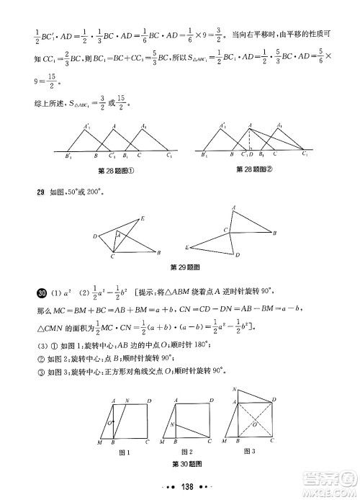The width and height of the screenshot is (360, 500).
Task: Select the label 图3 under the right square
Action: click(x=250, y=451)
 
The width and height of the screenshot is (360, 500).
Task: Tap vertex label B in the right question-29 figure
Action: click(x=274, y=233)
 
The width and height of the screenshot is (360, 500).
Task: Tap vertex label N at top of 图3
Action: click(x=235, y=390)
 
